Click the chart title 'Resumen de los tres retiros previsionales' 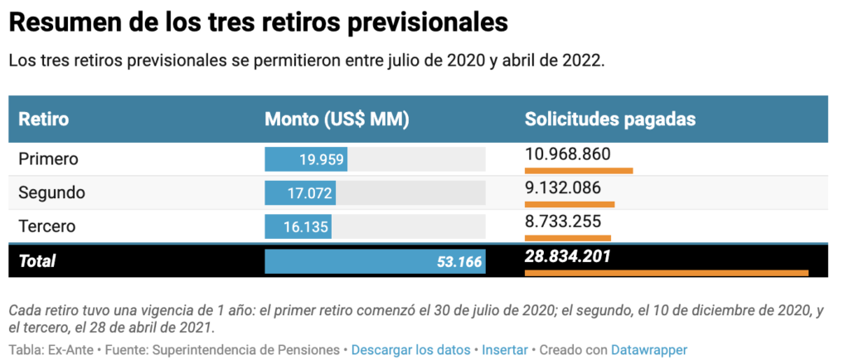click(258, 22)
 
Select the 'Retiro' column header click(43, 119)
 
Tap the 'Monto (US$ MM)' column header click(337, 119)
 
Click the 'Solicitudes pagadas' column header click(609, 119)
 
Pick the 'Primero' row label click(48, 158)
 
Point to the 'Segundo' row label click(51, 192)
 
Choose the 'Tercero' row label click(47, 226)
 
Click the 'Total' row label click(37, 261)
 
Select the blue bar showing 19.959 click(305, 159)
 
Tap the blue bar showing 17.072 click(300, 193)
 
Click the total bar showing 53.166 click(375, 261)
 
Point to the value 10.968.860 click(567, 154)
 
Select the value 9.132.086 click(562, 187)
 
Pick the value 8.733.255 click(562, 221)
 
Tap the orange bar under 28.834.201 click(666, 272)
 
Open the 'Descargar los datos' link click(410, 350)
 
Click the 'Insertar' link click(504, 350)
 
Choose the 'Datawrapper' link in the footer click(648, 350)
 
